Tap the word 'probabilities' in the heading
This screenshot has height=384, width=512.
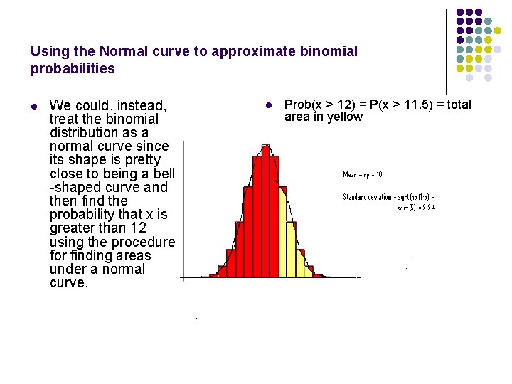point(73,69)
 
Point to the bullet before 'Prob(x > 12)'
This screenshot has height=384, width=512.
point(268,106)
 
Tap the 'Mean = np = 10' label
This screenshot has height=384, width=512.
point(363,174)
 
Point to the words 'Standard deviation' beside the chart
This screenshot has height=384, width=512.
point(370,197)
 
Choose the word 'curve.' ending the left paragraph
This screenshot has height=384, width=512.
point(69,283)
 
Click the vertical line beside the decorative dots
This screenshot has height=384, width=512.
point(447,50)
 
